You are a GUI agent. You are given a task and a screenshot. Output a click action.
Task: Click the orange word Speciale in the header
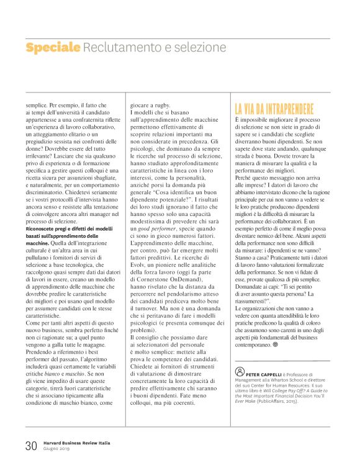click(53, 47)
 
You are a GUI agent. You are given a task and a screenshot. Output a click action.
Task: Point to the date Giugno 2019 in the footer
click(58, 449)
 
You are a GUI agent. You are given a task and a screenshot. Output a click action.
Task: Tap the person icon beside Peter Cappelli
click(240, 374)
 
